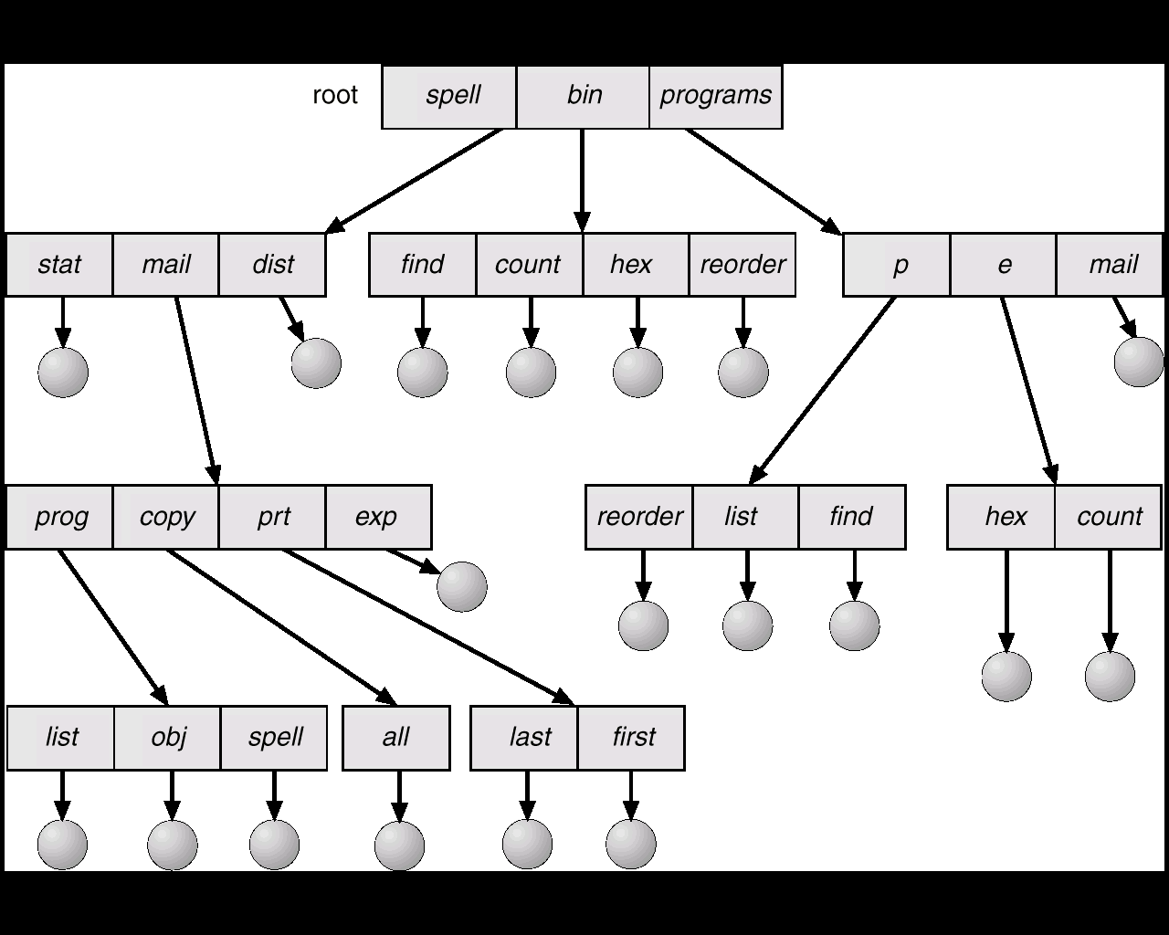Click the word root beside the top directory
(334, 96)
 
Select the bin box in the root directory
(583, 98)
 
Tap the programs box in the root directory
(715, 98)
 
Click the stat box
(59, 265)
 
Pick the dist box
(272, 265)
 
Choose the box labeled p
(896, 265)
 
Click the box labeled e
(1004, 265)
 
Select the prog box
(59, 517)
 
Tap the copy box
(165, 517)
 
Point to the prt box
(272, 517)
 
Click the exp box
(379, 517)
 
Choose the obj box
(167, 738)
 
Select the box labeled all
(396, 738)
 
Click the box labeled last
(523, 738)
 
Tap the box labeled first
(631, 738)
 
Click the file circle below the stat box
(63, 373)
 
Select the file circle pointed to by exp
(462, 587)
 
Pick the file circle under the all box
(399, 846)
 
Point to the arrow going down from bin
(583, 181)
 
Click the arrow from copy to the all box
(282, 627)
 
